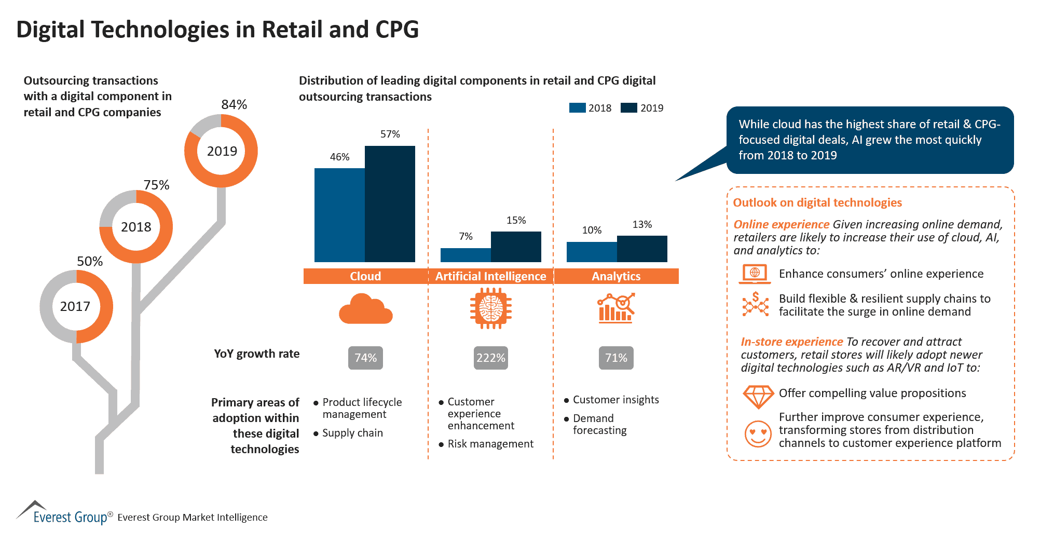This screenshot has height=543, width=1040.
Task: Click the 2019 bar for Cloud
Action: click(390, 204)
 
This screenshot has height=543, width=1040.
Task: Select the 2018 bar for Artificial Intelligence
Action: click(466, 255)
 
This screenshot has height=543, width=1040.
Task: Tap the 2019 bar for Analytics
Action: click(642, 249)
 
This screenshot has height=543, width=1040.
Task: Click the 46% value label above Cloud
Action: click(339, 157)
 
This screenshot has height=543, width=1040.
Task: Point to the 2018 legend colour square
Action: click(577, 108)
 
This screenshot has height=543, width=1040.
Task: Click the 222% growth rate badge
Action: click(490, 358)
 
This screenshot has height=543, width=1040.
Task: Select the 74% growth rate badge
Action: click(365, 358)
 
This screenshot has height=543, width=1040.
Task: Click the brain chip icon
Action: click(490, 309)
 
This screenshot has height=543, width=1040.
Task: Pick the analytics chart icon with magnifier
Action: click(616, 308)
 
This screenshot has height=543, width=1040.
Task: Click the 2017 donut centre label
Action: click(75, 306)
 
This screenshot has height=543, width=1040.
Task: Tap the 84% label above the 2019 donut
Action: click(234, 104)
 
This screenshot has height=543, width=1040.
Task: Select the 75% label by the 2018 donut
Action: click(156, 185)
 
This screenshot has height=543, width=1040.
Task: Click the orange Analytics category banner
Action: click(616, 276)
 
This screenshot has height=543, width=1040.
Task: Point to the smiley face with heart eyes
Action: click(758, 433)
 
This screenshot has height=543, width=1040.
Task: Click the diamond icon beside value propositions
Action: click(758, 396)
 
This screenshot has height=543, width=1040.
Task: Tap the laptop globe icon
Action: click(754, 274)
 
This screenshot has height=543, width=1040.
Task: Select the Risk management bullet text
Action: click(490, 444)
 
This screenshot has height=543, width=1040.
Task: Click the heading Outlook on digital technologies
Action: click(817, 202)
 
